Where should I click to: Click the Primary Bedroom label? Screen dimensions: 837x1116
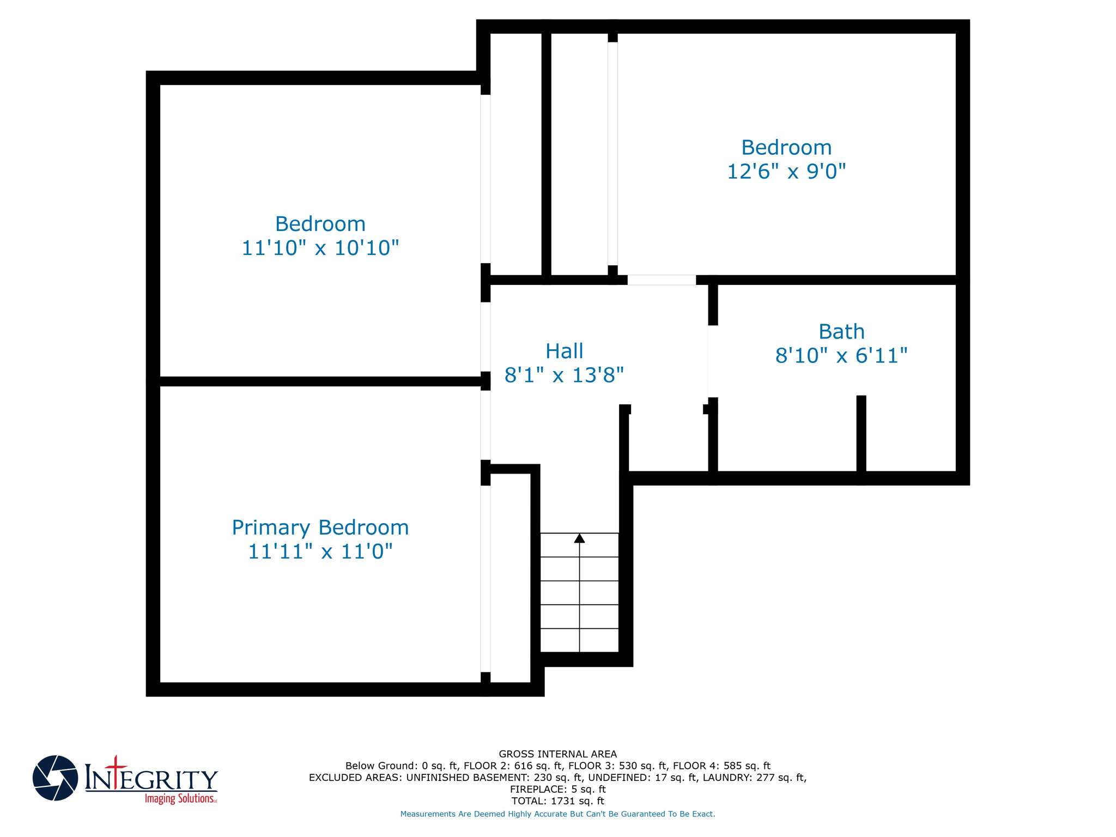pos(320,527)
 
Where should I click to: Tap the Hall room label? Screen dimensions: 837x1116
pos(564,351)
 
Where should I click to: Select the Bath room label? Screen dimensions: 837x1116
pos(841,331)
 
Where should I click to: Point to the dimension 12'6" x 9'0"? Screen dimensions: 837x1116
pos(786,171)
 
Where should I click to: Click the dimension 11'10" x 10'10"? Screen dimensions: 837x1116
pos(320,248)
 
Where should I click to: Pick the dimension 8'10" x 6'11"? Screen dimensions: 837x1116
pos(841,356)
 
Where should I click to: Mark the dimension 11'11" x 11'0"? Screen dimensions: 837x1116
pos(320,551)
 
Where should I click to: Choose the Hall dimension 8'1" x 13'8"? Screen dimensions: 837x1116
pos(564,375)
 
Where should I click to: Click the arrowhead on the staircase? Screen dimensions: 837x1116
pos(579,538)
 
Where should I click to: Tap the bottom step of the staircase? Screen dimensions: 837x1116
pos(579,640)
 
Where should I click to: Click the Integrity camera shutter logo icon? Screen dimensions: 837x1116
pos(55,778)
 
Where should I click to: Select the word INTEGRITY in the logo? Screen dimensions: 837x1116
pos(151,779)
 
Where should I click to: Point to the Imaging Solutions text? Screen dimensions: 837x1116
pos(180,799)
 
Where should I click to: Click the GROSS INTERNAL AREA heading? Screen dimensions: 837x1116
pos(557,754)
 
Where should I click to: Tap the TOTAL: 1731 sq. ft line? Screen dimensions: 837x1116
pos(557,801)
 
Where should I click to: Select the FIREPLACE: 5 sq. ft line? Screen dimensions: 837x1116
pos(557,789)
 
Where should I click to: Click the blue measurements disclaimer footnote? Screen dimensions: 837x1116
pos(557,814)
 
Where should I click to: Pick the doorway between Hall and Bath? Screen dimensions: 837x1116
pos(713,361)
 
